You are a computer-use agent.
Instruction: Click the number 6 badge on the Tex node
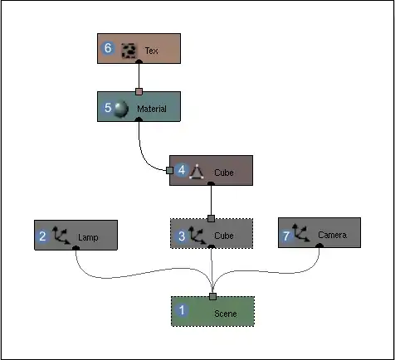pos(108,48)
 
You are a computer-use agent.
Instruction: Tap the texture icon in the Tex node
pos(129,51)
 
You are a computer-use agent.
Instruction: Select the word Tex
pos(152,51)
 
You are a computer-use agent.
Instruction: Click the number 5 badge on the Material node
pos(107,108)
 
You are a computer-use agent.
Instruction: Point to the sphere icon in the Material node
pos(121,109)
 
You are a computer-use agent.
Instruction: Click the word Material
pos(152,109)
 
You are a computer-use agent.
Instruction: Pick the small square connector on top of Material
pos(139,91)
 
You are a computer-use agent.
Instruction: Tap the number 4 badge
pos(182,170)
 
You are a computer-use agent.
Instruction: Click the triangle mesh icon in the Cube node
pos(197,172)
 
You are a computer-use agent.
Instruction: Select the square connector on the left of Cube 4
pos(170,171)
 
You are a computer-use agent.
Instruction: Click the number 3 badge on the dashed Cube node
pos(182,236)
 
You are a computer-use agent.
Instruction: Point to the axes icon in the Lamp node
pos(61,236)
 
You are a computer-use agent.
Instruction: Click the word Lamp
pos(88,237)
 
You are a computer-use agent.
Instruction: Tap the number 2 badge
pos(42,236)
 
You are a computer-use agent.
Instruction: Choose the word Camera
pos(332,235)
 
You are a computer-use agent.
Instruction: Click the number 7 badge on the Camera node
pos(286,236)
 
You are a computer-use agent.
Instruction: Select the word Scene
pos(226,314)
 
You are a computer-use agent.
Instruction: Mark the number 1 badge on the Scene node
pos(182,310)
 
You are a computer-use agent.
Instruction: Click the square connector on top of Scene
pos(212,297)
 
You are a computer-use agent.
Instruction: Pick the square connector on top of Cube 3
pos(211,219)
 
